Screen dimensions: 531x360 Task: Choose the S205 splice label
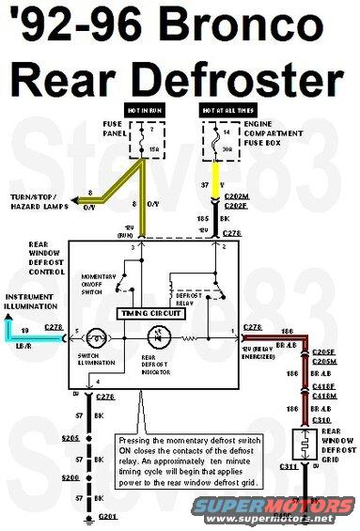[70, 438]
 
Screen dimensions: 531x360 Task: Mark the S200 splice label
[70, 477]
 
